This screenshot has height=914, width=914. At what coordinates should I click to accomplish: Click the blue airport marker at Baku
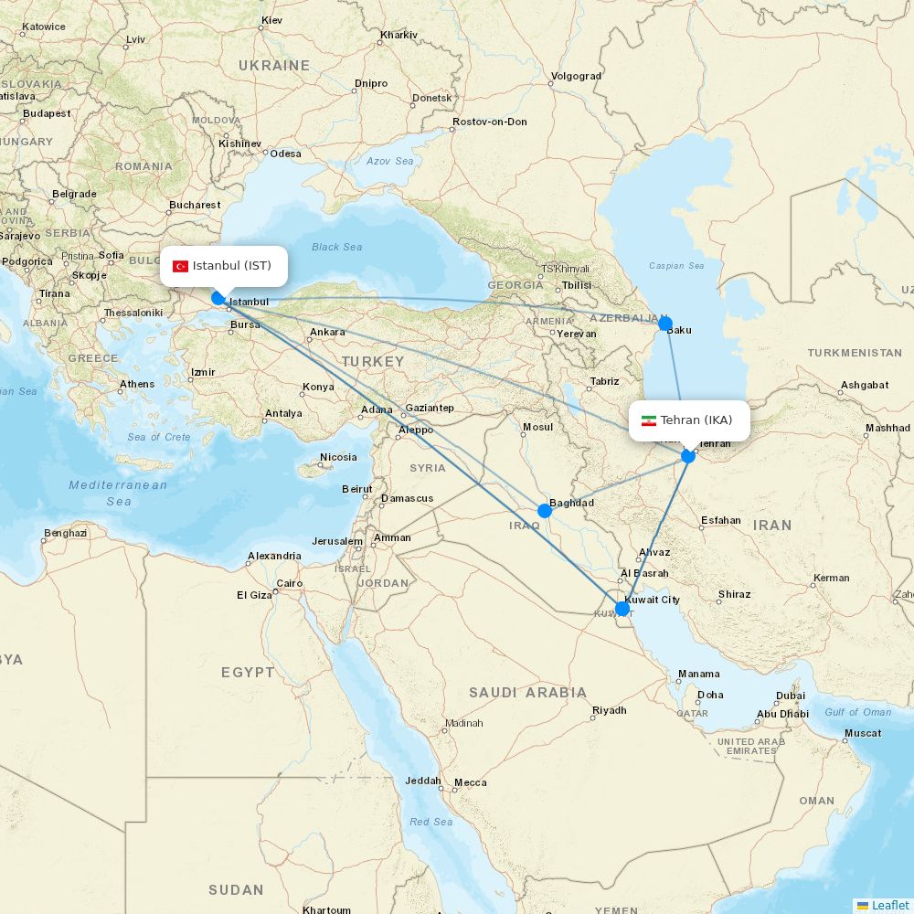point(665,323)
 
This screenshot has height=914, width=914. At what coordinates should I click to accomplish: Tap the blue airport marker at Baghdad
point(545,510)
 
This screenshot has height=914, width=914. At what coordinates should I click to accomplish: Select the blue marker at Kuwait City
point(622,609)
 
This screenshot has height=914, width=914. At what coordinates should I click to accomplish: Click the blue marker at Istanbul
point(218,297)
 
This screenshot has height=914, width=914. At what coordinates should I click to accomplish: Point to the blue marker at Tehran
point(688,455)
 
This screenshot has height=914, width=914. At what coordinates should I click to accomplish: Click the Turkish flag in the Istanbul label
point(181,266)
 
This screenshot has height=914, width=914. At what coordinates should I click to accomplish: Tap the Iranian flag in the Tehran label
point(649,420)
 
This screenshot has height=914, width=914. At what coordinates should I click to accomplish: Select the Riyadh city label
point(610,710)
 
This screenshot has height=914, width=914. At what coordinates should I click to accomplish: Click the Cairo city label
point(290,583)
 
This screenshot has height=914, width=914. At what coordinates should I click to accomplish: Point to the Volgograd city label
point(576,77)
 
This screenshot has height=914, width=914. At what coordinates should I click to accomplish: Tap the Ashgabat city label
point(864,385)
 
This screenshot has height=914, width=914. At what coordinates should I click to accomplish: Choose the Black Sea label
point(336,247)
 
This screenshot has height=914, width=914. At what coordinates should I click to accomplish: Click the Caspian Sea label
point(676,266)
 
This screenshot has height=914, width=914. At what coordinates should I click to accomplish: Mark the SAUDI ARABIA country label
point(527,693)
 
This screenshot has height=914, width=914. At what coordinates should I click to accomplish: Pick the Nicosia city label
point(338,457)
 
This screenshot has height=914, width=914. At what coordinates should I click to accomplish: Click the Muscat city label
point(863,733)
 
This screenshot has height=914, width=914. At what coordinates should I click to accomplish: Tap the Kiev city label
point(271,20)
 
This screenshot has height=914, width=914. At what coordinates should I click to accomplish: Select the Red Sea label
point(430,822)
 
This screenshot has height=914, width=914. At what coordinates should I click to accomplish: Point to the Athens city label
point(137,384)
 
